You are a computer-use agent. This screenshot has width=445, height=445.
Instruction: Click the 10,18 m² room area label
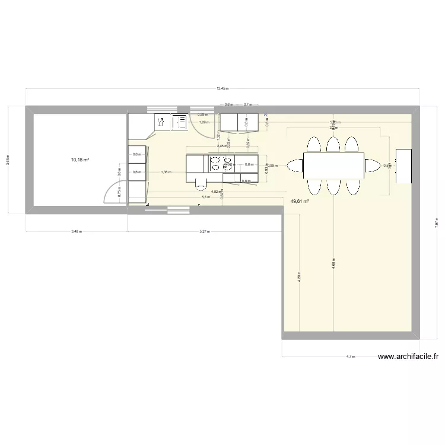coord(77,160)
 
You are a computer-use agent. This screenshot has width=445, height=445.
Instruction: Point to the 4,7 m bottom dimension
coord(349,357)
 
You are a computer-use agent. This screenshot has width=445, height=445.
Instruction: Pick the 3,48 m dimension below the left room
coord(77,231)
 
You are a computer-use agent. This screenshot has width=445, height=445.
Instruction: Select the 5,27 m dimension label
coord(204,231)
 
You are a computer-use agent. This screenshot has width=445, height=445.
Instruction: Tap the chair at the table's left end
coord(294,165)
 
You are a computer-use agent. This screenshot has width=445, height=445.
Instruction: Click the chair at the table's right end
coord(372,165)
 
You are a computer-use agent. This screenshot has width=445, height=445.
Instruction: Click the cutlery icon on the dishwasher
coord(160,122)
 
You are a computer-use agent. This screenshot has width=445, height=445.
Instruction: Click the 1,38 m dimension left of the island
coord(166,172)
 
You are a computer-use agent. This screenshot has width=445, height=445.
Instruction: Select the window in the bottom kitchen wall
coord(176,208)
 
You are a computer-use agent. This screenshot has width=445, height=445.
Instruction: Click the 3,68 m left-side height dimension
coord(8,161)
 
